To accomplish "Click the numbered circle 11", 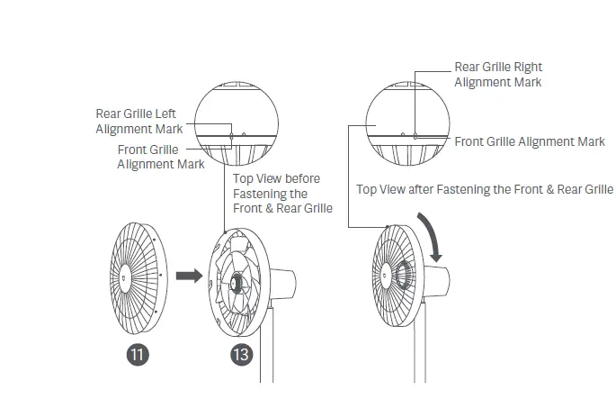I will pos(137,354).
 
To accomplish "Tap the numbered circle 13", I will pos(240,354).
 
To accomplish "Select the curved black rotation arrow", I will pos(434,237).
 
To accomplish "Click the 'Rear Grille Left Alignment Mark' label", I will pos(137,122).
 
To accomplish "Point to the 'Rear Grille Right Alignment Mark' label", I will pos(498,75).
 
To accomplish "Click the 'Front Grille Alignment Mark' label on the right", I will pos(530,141).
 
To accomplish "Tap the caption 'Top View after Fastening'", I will pos(485,189).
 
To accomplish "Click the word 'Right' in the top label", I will pos(527,67).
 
